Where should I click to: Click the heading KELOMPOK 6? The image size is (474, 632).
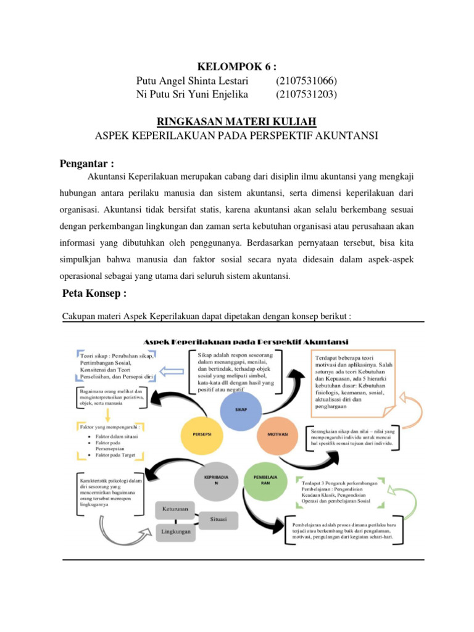click(x=236, y=67)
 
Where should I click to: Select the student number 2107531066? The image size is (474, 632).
click(x=307, y=81)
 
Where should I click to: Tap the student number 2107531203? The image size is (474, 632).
click(x=307, y=94)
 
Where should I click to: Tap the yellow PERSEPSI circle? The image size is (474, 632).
click(x=204, y=434)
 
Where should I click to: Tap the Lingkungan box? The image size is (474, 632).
click(x=175, y=531)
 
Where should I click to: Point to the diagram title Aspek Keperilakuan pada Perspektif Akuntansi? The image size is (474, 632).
click(x=246, y=341)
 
